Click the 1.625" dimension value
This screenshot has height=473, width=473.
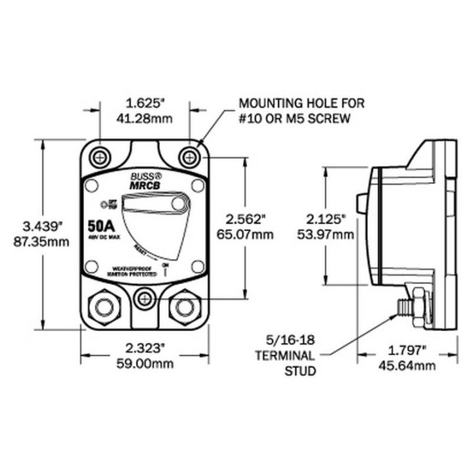pyautogui.click(x=145, y=103)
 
